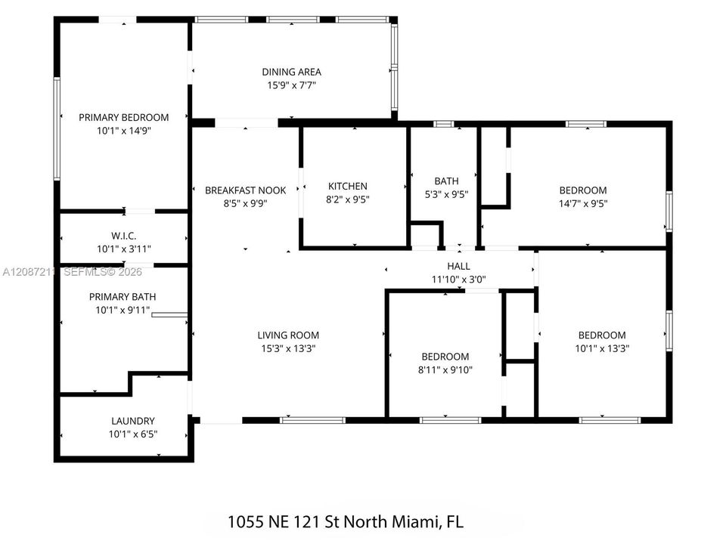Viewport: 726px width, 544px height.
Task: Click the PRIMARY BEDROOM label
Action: (x=123, y=118)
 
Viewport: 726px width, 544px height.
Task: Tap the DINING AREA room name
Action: (x=292, y=72)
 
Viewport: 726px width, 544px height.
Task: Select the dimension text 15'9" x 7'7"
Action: (x=292, y=85)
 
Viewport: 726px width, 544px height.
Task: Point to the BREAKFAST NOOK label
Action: (x=245, y=190)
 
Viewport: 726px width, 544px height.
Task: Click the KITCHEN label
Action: (x=348, y=186)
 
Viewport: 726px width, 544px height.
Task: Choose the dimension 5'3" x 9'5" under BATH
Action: (x=446, y=194)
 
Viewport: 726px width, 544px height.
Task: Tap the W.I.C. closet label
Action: (x=123, y=236)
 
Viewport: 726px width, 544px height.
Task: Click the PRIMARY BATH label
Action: (x=123, y=296)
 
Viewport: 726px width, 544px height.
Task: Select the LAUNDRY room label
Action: (x=133, y=421)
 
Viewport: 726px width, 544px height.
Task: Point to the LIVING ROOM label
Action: (x=288, y=335)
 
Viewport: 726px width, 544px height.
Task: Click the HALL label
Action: (x=459, y=266)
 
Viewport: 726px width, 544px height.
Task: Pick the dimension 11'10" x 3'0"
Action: (x=459, y=280)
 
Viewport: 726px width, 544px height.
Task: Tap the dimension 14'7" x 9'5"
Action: (x=583, y=203)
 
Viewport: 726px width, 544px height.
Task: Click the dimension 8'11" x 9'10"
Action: (x=445, y=370)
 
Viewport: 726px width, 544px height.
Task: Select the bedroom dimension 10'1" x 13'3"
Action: (x=602, y=348)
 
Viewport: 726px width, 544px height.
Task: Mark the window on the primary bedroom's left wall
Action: (x=57, y=128)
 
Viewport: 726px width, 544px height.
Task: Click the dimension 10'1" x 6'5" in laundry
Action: (x=133, y=434)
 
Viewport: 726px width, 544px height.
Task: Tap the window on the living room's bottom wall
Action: (x=312, y=421)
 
